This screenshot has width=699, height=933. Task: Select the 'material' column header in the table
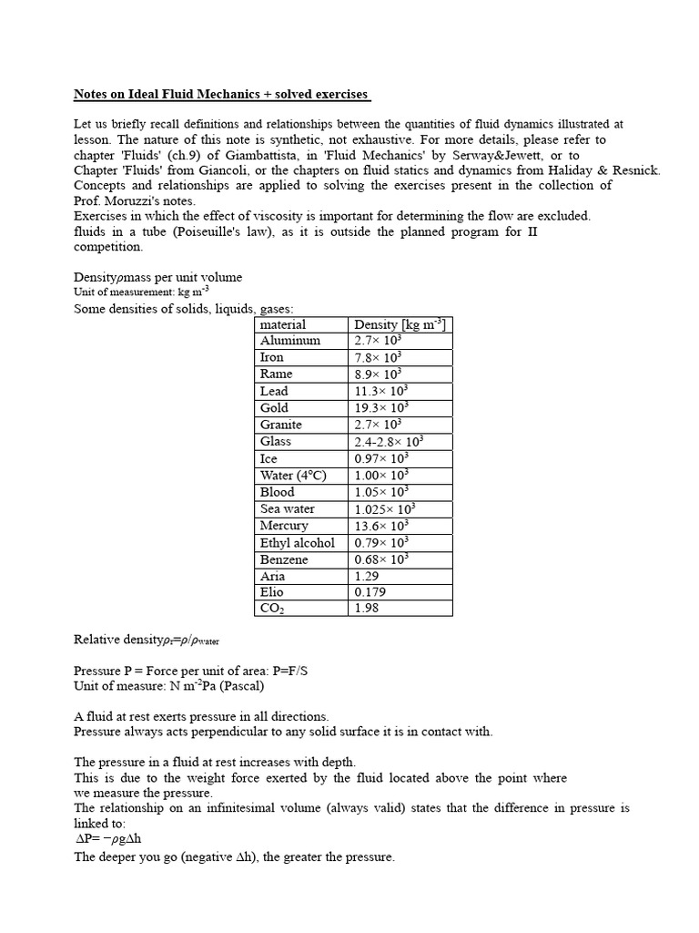[283, 324]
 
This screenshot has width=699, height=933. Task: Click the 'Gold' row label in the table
[274, 408]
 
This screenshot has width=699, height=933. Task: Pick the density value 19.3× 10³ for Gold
[381, 408]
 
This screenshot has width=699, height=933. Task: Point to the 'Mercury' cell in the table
[284, 526]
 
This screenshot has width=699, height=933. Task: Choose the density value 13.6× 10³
[381, 526]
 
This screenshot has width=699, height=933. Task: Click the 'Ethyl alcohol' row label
[298, 543]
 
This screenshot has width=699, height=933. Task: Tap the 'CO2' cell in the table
[273, 610]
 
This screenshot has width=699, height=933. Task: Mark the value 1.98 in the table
[367, 610]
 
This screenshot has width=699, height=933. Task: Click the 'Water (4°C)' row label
[292, 476]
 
